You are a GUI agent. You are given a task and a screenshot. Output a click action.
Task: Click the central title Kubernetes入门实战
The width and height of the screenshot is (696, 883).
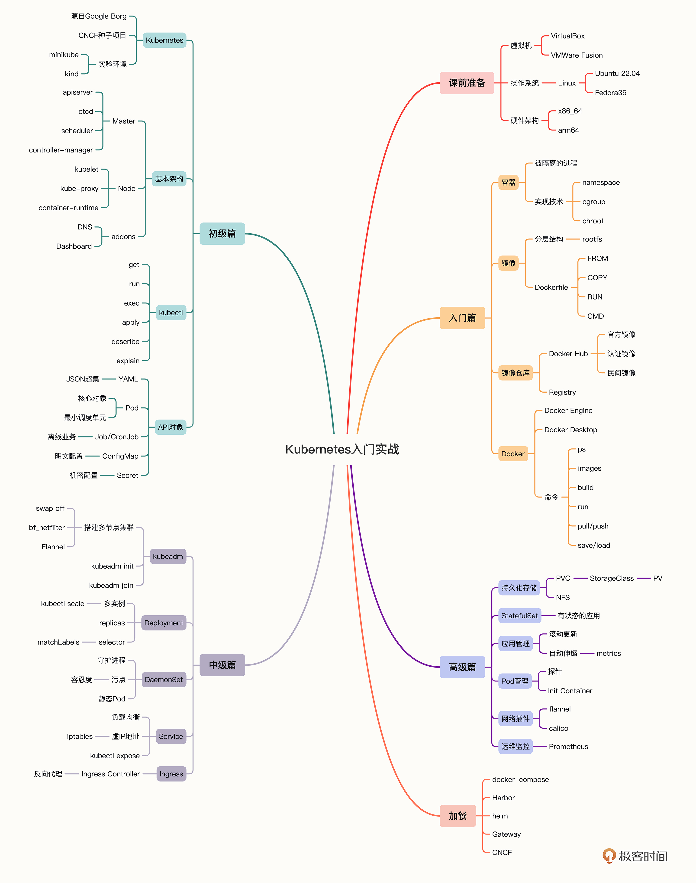(x=342, y=449)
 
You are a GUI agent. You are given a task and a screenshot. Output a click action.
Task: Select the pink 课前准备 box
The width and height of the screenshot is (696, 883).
(x=467, y=83)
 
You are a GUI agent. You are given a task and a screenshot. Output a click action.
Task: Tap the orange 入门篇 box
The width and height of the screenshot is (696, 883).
(x=462, y=318)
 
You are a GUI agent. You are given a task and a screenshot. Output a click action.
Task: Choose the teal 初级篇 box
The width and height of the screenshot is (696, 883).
(x=222, y=233)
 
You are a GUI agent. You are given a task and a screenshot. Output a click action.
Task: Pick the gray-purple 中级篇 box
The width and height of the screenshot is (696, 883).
(x=222, y=665)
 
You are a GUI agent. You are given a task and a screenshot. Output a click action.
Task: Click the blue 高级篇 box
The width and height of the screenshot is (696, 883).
(x=462, y=667)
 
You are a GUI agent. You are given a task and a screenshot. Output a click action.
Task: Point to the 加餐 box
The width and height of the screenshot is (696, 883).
(x=458, y=816)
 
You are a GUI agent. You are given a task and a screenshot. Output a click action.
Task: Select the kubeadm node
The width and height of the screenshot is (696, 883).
(x=168, y=556)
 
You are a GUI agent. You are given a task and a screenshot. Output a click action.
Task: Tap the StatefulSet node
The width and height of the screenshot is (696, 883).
(x=519, y=616)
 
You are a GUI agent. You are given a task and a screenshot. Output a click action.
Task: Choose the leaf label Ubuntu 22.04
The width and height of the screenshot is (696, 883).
(x=617, y=73)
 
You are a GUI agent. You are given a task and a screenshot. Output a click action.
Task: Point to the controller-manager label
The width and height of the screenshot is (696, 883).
(x=61, y=150)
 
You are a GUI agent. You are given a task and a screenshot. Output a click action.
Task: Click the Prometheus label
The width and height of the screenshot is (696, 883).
(x=568, y=746)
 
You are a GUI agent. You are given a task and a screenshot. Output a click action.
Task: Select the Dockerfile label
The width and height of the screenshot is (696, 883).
(x=551, y=287)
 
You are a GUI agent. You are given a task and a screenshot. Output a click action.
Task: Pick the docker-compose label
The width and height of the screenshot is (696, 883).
(x=520, y=779)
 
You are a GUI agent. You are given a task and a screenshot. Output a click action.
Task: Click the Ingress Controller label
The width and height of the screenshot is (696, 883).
(x=110, y=774)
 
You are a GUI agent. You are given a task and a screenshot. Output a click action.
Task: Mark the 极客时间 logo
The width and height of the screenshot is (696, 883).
(x=635, y=856)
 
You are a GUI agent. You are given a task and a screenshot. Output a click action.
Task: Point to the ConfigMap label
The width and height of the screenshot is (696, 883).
(x=120, y=456)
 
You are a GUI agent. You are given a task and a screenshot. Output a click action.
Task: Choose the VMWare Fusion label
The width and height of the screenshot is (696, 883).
(x=577, y=55)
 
